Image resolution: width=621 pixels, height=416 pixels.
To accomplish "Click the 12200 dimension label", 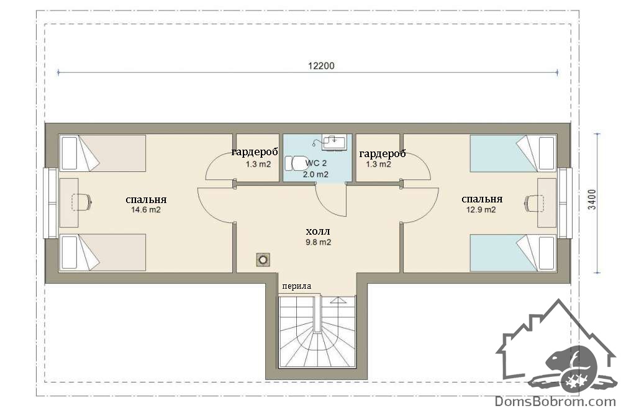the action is (321, 66).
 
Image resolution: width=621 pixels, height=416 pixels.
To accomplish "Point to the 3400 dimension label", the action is (592, 199).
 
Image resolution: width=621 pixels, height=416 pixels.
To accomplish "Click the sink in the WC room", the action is (334, 142).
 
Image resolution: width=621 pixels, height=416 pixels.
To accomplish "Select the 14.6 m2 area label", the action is (146, 210).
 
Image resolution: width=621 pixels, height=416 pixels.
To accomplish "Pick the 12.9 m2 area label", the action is (481, 210).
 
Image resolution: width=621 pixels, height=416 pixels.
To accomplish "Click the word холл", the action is (317, 231).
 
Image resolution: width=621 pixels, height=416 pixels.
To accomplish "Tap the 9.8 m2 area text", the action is (318, 242).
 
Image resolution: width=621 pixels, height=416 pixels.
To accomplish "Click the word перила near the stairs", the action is (297, 286).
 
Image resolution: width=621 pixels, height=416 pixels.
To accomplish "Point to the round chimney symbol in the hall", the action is (263, 260).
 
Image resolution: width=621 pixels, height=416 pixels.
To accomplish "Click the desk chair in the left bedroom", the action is (82, 202).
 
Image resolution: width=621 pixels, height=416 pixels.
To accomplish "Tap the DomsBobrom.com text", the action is (555, 401).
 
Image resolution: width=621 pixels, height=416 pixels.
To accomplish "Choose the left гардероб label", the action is (255, 151).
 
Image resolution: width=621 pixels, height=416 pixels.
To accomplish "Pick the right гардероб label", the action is (382, 153).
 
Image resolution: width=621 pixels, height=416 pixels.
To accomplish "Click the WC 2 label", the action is (316, 163).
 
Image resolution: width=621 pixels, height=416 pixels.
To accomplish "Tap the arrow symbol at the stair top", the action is (338, 300).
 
